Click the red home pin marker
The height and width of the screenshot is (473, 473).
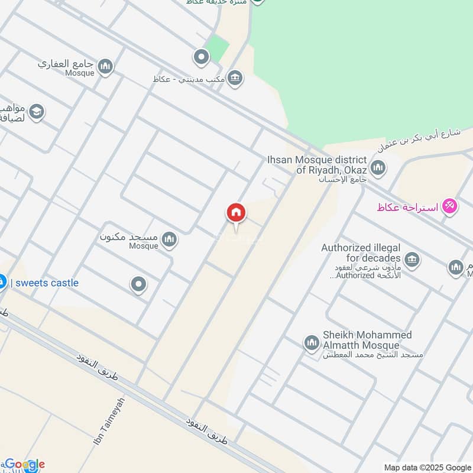coord(236,213)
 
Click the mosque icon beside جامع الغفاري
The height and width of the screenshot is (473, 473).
coord(106,66)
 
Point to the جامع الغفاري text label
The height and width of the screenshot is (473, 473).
coord(66,63)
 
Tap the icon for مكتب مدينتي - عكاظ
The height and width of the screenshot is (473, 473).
coord(235,79)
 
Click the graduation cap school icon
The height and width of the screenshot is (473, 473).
coord(37,112)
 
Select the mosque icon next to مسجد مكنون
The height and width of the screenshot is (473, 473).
coord(170,239)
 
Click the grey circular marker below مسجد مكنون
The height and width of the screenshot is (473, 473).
coord(139,285)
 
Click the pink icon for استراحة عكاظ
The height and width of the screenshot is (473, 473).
coord(451,207)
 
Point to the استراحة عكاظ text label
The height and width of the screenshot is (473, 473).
coord(408,208)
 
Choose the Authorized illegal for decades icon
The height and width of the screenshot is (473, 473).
coord(412,259)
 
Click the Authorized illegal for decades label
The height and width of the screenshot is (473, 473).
coord(361,253)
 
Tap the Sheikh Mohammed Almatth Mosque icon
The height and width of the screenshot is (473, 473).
coord(312,342)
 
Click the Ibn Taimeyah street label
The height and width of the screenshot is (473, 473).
coord(109,422)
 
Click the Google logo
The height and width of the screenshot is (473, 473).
coord(24,465)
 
